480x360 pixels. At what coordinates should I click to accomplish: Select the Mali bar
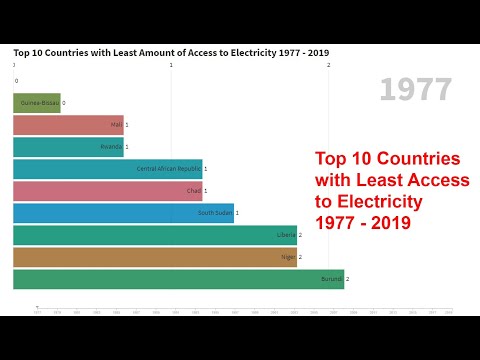(68, 124)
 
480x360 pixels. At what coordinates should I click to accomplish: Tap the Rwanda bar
(68, 147)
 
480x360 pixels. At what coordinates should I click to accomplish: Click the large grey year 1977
(415, 91)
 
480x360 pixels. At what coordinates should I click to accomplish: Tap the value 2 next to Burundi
(348, 279)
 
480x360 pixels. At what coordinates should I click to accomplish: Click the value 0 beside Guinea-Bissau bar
(64, 102)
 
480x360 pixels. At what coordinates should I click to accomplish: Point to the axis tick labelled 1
(171, 66)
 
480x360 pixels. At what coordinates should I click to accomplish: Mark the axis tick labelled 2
(329, 66)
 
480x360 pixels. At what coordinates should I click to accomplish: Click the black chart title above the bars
(171, 52)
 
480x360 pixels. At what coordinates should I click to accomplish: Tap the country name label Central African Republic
(168, 169)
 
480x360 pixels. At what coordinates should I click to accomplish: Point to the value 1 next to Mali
(127, 124)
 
